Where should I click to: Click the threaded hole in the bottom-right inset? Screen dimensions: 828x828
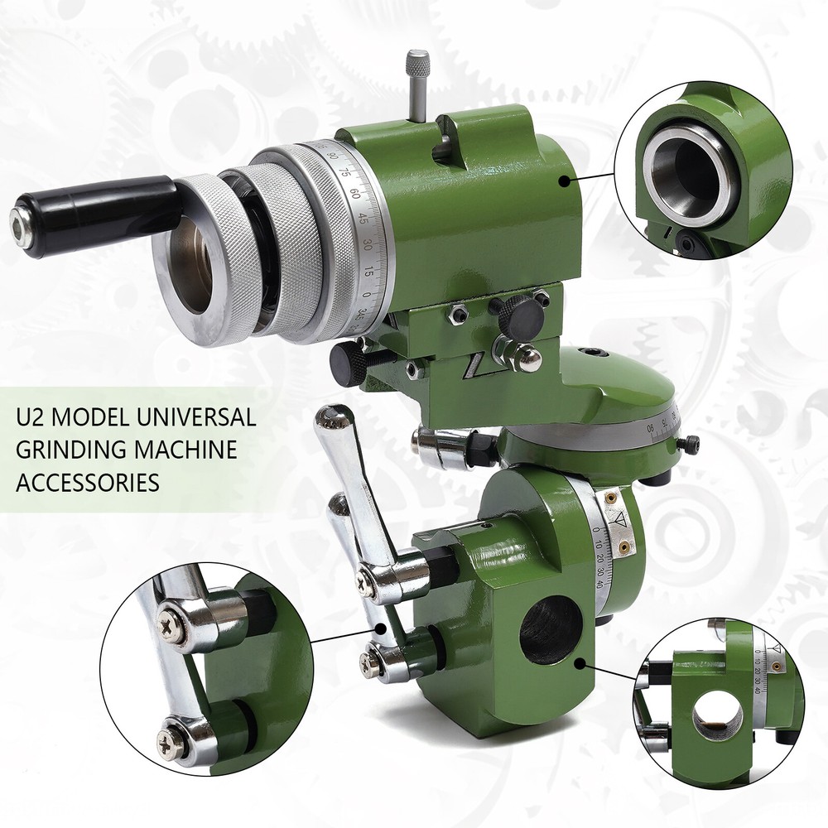tap(719, 715)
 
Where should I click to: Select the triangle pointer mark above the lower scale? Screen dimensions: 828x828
tap(617, 520)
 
